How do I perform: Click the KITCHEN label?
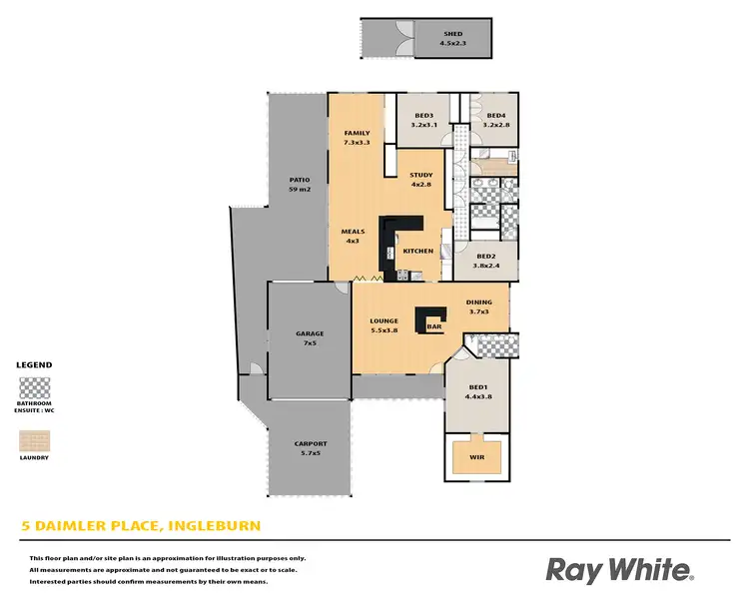418,251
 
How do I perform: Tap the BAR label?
434,326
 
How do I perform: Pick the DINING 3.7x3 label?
479,306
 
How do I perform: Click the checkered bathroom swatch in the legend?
35,386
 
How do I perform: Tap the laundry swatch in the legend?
35,439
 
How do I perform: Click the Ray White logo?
619,570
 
